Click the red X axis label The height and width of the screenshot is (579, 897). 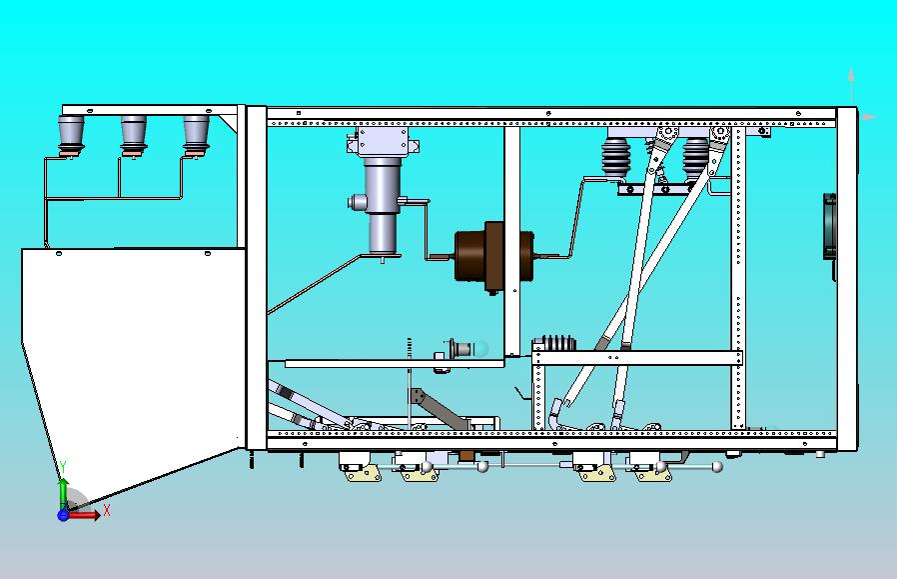click(x=107, y=510)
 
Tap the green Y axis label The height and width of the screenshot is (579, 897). click(x=64, y=468)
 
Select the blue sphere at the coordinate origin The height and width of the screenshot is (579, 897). click(x=63, y=515)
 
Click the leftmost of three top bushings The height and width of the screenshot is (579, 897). click(x=71, y=135)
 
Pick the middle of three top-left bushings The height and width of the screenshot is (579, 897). click(x=133, y=135)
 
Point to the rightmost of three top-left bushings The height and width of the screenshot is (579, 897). click(x=196, y=135)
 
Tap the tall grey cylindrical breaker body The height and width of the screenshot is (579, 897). click(x=384, y=205)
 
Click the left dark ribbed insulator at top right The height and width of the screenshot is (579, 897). click(x=615, y=156)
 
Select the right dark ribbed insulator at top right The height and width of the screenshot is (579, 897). click(x=695, y=156)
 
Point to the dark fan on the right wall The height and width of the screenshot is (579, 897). click(x=829, y=225)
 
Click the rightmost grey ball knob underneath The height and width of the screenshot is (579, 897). click(x=717, y=467)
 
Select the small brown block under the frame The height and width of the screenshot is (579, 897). click(x=466, y=455)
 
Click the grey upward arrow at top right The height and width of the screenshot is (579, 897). click(x=852, y=86)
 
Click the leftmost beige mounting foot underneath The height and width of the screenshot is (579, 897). click(x=363, y=474)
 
